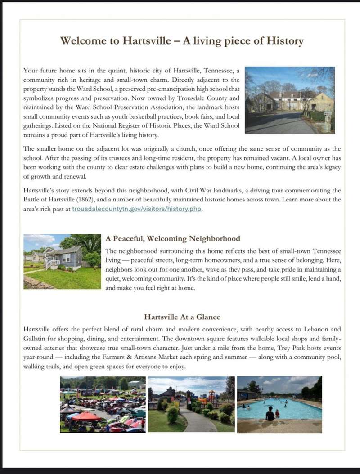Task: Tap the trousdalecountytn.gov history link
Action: [x=137, y=209]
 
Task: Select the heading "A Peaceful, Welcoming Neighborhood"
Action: [x=173, y=238]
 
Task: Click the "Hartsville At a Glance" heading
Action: [x=182, y=317]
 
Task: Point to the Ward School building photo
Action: [x=289, y=100]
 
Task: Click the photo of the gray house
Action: [x=62, y=261]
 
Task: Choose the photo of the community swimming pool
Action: [x=279, y=404]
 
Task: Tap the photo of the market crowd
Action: [x=103, y=404]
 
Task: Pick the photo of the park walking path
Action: [x=191, y=404]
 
